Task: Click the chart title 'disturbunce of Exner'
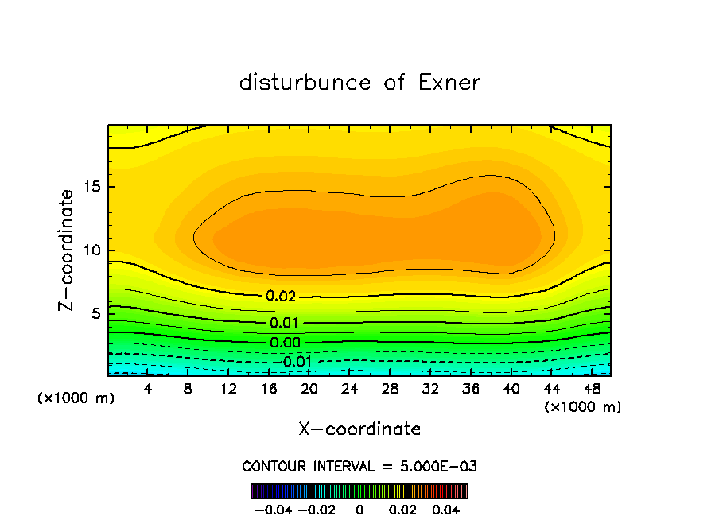(x=359, y=83)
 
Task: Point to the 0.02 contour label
(x=281, y=296)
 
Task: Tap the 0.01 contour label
(x=285, y=323)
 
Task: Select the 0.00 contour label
(x=285, y=343)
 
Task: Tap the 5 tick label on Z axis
(x=97, y=313)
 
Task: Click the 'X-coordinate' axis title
(x=359, y=429)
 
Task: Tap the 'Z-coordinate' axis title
(x=67, y=250)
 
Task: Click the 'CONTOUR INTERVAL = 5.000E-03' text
(x=359, y=466)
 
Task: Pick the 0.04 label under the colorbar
(x=447, y=509)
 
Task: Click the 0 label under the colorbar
(x=359, y=509)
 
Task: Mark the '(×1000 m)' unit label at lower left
(x=76, y=398)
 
